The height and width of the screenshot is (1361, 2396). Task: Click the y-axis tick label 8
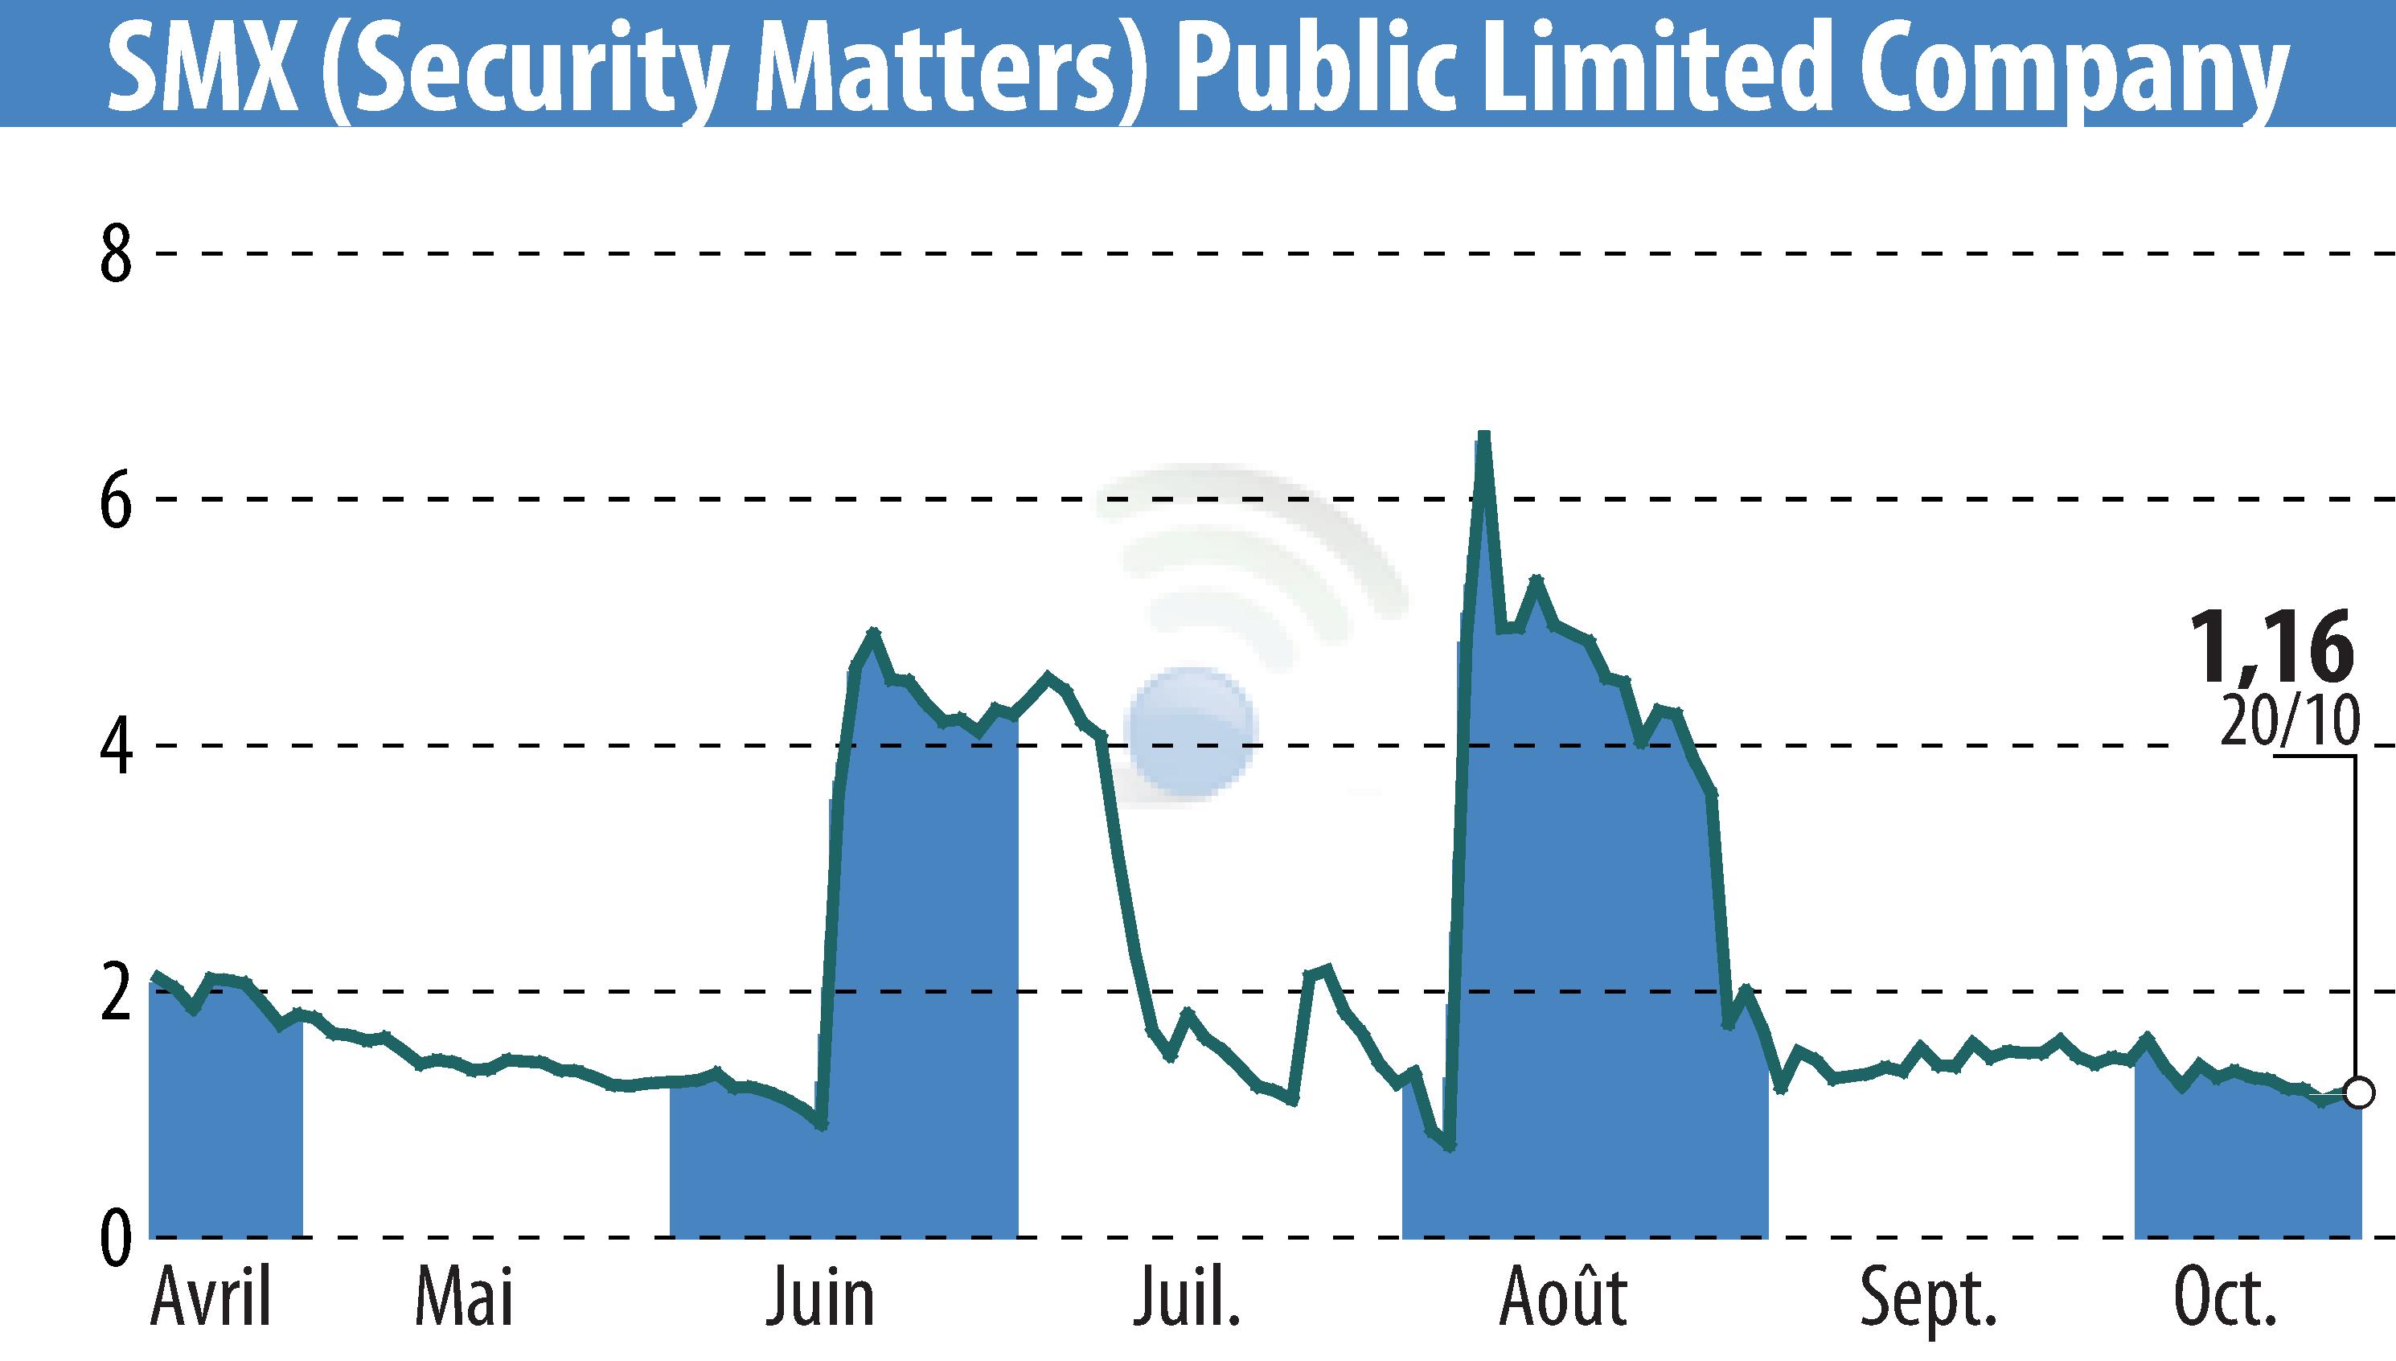click(x=116, y=255)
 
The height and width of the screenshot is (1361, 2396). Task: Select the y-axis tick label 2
click(x=116, y=994)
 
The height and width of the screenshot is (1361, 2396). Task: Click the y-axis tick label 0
click(x=116, y=1240)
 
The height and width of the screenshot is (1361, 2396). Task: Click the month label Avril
click(x=211, y=1298)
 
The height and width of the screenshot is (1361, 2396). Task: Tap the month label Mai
click(x=465, y=1298)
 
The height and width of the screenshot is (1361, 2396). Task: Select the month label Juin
click(x=820, y=1298)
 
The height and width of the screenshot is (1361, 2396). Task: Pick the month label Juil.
click(x=1186, y=1298)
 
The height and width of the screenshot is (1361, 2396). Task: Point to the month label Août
click(x=1563, y=1298)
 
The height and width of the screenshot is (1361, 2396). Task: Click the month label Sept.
click(x=1927, y=1298)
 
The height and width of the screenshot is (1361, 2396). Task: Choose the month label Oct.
click(x=2224, y=1298)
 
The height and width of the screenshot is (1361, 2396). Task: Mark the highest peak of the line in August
click(x=1483, y=436)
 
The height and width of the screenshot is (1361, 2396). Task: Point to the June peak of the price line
click(x=873, y=633)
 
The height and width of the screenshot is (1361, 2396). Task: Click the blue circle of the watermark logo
click(x=1191, y=730)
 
